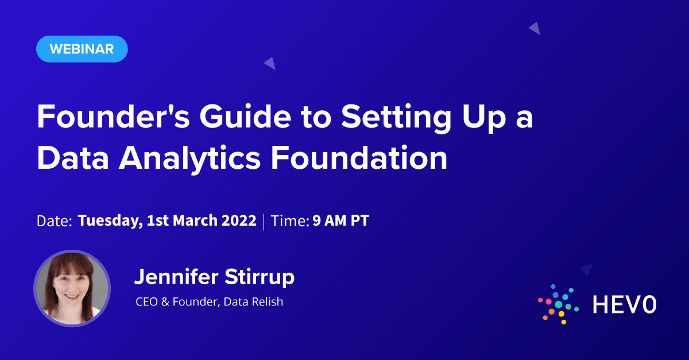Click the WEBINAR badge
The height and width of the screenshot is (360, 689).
point(82,49)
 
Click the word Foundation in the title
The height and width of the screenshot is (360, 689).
point(359,158)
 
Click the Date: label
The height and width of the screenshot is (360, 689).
point(54,222)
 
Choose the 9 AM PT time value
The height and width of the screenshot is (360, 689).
point(340,221)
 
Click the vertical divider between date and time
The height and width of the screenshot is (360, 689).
point(264,222)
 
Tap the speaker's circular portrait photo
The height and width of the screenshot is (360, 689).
point(72,288)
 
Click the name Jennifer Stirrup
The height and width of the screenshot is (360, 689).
point(214,277)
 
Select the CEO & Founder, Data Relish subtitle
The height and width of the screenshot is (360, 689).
point(209,301)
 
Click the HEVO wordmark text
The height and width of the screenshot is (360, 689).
point(624,305)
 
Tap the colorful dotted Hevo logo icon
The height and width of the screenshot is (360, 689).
point(558,304)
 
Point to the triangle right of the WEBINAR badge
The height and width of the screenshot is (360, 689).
point(270,63)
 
